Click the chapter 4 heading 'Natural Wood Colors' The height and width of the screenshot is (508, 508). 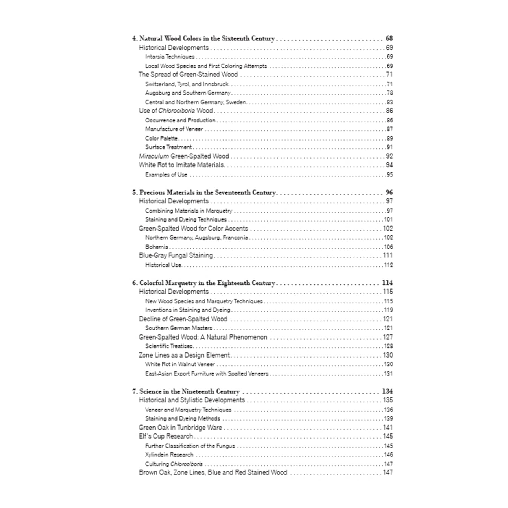203,38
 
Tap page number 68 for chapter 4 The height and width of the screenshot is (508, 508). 389,38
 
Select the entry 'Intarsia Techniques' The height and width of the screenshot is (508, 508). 170,57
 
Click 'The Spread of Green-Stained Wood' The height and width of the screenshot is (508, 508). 188,75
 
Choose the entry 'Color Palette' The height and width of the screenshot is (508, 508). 161,138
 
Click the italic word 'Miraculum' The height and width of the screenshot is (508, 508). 154,156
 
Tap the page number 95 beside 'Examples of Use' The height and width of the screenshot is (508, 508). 389,174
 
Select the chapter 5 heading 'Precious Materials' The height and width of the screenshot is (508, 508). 204,192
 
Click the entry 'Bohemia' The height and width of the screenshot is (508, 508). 157,247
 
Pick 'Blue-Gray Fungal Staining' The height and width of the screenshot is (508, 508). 176,255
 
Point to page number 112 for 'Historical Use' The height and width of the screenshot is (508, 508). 388,265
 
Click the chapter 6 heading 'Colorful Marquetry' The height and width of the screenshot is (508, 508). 203,283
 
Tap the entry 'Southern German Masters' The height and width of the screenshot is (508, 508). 179,328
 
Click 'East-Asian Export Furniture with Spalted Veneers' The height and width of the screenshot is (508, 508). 207,374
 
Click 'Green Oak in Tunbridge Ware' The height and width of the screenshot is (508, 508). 180,428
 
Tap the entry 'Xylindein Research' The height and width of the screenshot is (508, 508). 169,455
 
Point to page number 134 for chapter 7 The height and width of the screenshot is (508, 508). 387,391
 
